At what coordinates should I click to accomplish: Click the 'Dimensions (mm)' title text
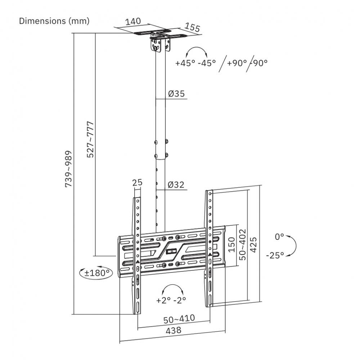(x=54, y=21)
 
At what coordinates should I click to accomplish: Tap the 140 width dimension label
(x=133, y=21)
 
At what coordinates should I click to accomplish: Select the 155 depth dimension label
(x=192, y=27)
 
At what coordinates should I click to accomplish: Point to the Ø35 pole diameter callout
(x=176, y=94)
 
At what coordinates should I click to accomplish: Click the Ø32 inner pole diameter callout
(x=176, y=185)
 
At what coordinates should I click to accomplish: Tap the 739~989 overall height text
(x=68, y=168)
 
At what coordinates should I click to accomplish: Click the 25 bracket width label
(x=137, y=183)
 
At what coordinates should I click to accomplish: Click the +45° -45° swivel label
(x=195, y=63)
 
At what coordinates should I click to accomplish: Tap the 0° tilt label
(x=279, y=237)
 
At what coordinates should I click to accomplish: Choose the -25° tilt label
(x=275, y=255)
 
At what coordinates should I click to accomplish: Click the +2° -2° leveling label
(x=171, y=300)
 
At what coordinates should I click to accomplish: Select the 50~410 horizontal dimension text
(x=179, y=318)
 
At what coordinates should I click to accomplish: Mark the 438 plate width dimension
(x=173, y=330)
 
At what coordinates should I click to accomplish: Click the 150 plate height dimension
(x=232, y=244)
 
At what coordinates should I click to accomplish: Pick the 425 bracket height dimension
(x=254, y=244)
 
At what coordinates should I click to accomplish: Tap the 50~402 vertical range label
(x=243, y=244)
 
